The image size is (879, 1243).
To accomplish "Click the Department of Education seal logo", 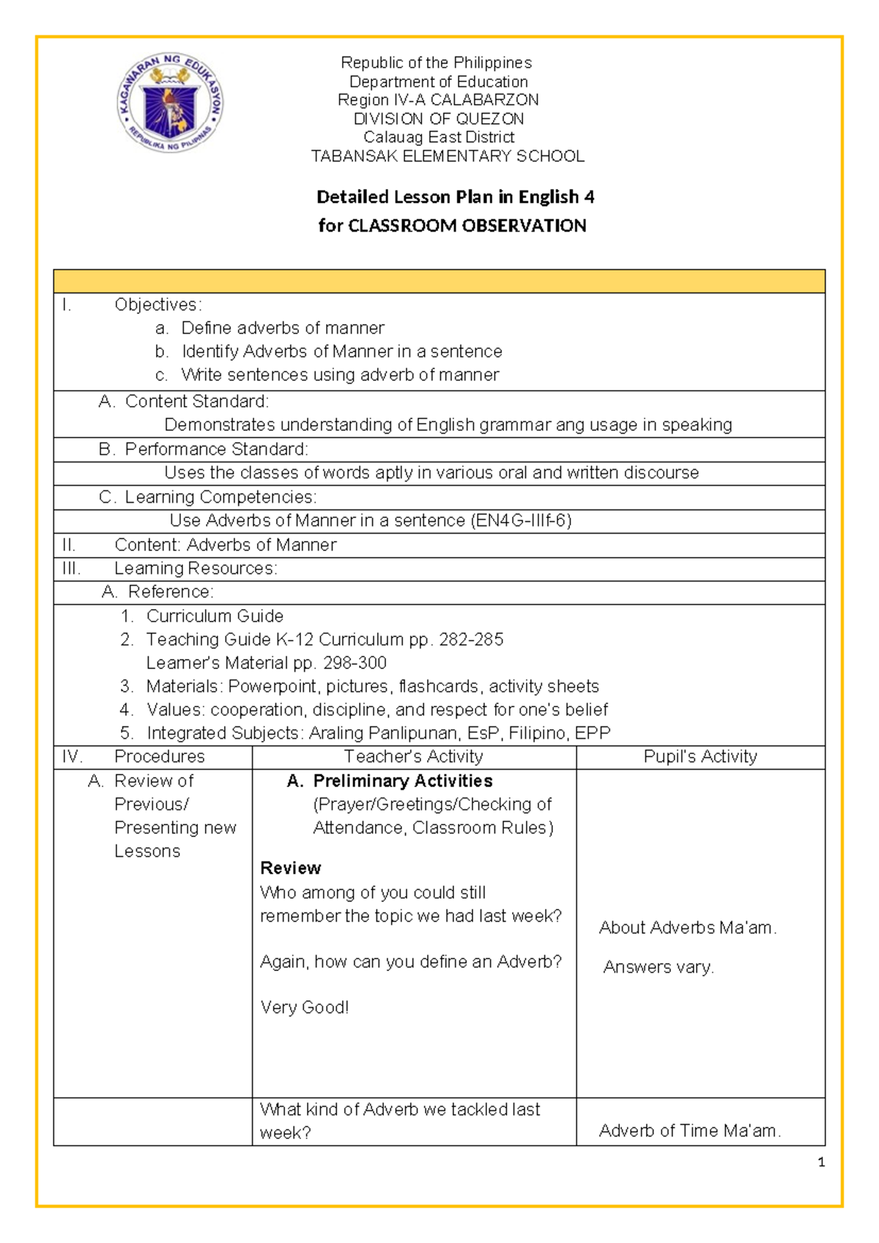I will click(170, 103).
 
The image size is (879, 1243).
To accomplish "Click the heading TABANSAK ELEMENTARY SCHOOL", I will click(448, 156).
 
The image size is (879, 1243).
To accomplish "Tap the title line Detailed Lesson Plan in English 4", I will click(455, 197).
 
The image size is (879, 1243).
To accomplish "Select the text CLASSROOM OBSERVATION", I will click(467, 226).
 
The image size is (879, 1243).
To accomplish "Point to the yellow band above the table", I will click(439, 281).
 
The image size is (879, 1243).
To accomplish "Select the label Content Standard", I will click(196, 402).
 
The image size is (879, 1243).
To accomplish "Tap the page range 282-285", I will click(471, 640).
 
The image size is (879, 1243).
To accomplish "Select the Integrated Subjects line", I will click(378, 734).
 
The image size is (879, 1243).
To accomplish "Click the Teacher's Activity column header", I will click(413, 757).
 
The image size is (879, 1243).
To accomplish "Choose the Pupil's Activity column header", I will click(700, 757).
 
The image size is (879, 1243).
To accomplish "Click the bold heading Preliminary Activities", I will click(402, 781).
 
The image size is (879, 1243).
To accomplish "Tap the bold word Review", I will click(290, 868).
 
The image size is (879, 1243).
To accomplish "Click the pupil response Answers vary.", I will click(658, 967).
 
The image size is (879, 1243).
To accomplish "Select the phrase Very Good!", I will click(304, 1008).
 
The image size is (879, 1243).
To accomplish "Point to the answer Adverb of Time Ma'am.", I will click(689, 1131).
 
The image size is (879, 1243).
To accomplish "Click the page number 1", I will click(821, 1162).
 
